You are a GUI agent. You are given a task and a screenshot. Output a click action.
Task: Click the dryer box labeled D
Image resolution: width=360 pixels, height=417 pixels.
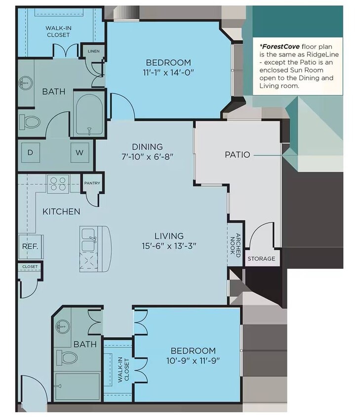pyautogui.click(x=30, y=152)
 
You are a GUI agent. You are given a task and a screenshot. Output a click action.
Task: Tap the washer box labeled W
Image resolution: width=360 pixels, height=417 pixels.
pyautogui.click(x=80, y=153)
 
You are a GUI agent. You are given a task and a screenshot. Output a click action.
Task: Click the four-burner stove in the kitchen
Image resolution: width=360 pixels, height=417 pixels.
pyautogui.click(x=58, y=184)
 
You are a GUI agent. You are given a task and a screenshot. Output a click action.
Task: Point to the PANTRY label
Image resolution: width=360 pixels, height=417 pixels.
pyautogui.click(x=92, y=183)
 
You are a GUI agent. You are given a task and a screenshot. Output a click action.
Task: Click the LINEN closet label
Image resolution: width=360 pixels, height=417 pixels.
pyautogui.click(x=93, y=51)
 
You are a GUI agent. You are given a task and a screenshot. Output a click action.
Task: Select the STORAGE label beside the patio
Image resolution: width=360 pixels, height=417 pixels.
pyautogui.click(x=261, y=258)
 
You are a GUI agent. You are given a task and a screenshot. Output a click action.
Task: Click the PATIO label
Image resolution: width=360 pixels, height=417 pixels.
pyautogui.click(x=238, y=154)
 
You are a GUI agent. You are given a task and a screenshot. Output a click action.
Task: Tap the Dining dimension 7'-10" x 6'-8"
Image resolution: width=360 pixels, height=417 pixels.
pyautogui.click(x=147, y=156)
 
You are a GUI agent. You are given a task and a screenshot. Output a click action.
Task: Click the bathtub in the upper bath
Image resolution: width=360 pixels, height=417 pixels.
pyautogui.click(x=89, y=114)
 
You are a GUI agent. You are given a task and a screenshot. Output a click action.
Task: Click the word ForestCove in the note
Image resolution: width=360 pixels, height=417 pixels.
pyautogui.click(x=280, y=46)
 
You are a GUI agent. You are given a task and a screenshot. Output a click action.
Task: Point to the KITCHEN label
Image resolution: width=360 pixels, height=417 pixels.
pyautogui.click(x=61, y=211)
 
